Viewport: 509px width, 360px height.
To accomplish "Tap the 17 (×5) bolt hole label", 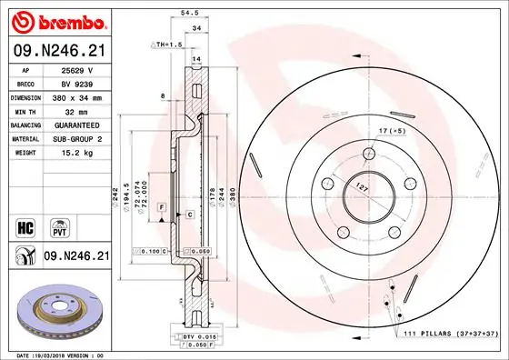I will click(x=391, y=130).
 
